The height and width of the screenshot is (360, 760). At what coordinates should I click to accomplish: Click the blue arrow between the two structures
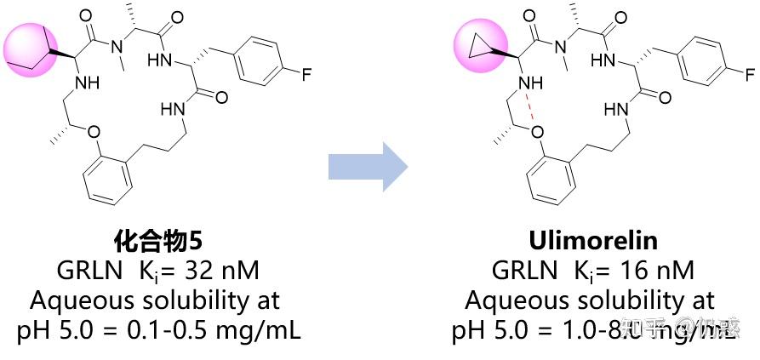tap(368, 167)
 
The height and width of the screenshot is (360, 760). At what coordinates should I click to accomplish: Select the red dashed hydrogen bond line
tap(532, 108)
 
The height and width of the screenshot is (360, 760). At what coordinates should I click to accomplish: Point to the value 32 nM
tap(222, 271)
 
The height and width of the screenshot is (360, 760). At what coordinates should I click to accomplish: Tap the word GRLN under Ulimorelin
tap(522, 271)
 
